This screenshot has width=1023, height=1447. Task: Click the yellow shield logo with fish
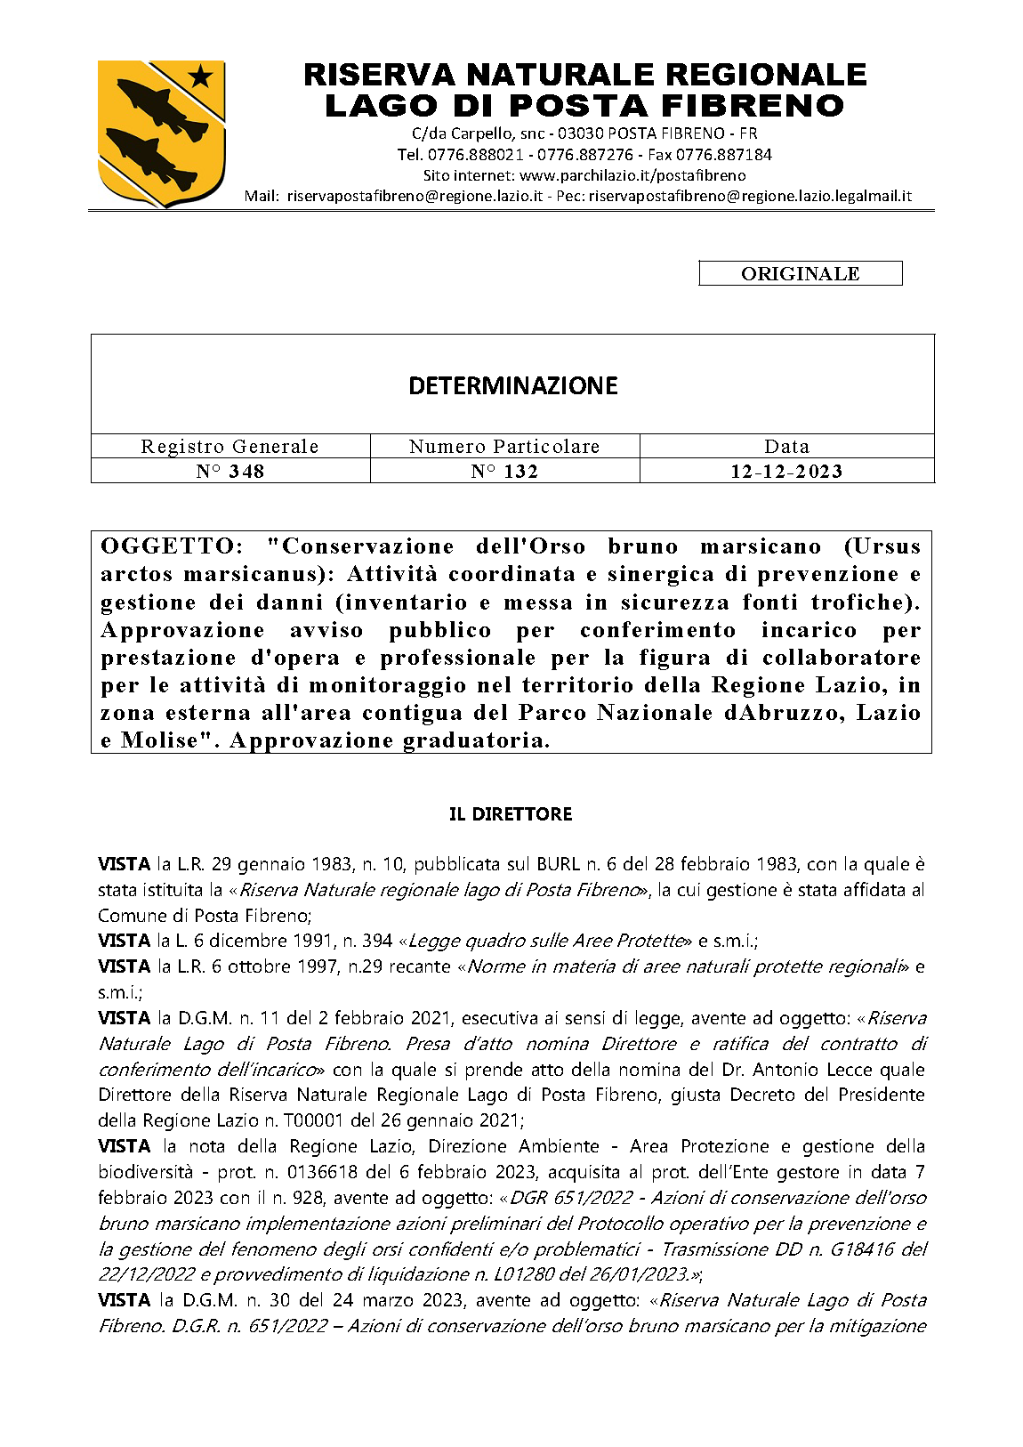pyautogui.click(x=160, y=130)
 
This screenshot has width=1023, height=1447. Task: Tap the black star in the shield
pyautogui.click(x=201, y=77)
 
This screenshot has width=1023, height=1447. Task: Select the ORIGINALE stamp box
pyautogui.click(x=800, y=274)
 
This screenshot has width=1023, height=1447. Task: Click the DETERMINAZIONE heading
pyautogui.click(x=512, y=385)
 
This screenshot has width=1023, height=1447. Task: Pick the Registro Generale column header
pyautogui.click(x=230, y=447)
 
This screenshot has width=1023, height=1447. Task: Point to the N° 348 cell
pyautogui.click(x=230, y=472)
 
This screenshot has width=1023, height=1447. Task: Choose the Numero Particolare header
pyautogui.click(x=504, y=447)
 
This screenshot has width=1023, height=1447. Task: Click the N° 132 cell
pyautogui.click(x=504, y=472)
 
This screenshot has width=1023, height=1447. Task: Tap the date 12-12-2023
pyautogui.click(x=786, y=472)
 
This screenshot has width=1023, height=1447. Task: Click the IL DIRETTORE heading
pyautogui.click(x=511, y=814)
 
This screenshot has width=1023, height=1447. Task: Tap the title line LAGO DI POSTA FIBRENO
pyautogui.click(x=584, y=106)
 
